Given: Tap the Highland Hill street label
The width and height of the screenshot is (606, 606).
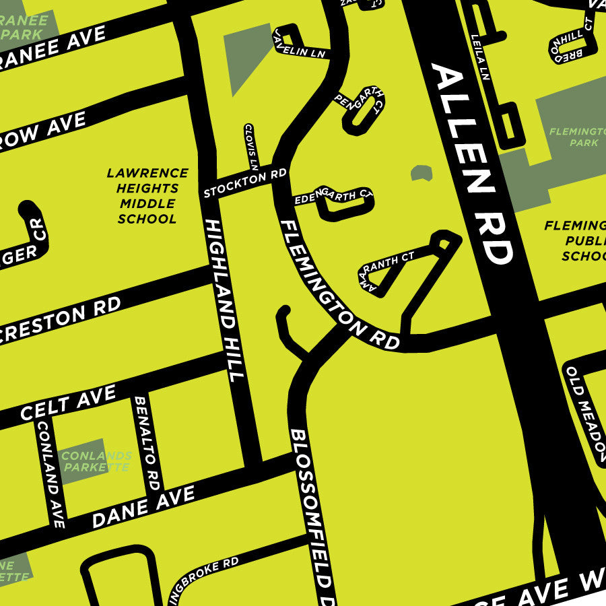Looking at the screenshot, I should pos(224,300).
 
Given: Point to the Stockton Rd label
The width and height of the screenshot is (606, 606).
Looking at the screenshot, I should pos(245,184).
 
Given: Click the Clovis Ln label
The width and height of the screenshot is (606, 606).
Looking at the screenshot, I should pos(251,146).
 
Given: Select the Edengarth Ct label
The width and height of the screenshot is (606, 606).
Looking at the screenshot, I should pos(333,197).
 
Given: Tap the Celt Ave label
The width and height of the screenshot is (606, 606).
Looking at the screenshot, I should pos(67,402).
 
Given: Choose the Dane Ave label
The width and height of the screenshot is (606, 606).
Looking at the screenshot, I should pos(143,506).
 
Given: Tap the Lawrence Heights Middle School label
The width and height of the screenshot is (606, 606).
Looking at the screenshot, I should pos(147,196).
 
